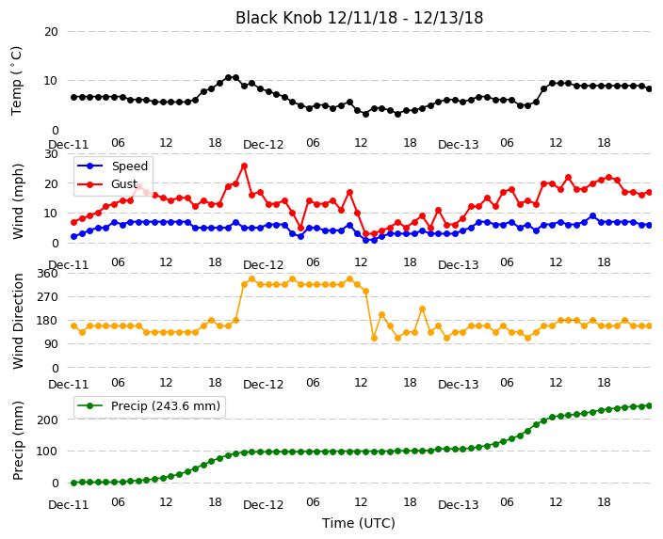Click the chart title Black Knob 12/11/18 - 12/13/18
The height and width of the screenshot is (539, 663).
point(359,18)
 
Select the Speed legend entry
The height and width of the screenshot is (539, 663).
point(112,166)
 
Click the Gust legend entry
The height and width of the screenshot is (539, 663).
point(107,184)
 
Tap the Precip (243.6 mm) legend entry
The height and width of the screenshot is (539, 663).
point(149,406)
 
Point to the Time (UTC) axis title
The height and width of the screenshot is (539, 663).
point(359,523)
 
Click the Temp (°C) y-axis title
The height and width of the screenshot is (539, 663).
point(16,81)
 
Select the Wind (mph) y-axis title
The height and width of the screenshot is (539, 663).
point(18,201)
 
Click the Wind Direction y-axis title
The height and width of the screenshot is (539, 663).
point(18,322)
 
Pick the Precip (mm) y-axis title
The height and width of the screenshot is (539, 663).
point(18,440)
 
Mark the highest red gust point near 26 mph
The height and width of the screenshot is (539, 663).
point(244,166)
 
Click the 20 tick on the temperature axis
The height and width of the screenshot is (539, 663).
point(51,32)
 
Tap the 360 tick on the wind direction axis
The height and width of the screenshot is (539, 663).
point(47,274)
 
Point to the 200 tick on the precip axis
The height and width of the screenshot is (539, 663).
point(50,420)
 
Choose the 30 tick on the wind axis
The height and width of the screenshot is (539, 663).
point(51,153)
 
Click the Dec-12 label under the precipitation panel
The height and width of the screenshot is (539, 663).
point(263,504)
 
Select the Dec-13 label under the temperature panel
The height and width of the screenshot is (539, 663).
point(458,145)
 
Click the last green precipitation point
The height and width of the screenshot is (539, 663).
point(650,406)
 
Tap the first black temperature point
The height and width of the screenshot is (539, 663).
point(74,97)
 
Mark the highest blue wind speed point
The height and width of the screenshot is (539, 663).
point(592,216)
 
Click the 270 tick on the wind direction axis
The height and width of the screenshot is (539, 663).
point(47,297)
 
